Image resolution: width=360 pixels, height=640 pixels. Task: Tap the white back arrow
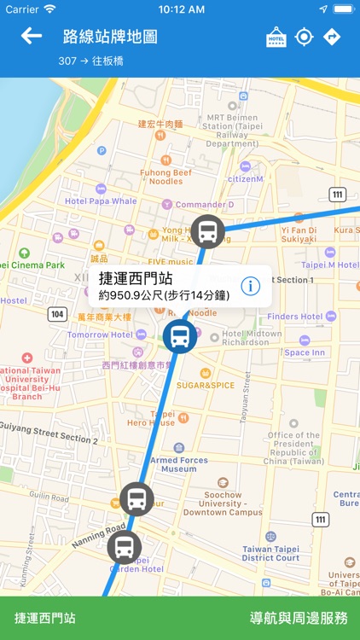[x=32, y=36]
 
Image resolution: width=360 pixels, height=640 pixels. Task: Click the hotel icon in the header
[x=276, y=37]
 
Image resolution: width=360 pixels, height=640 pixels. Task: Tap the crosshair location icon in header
[x=304, y=37]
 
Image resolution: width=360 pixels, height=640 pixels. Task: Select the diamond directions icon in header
[x=332, y=37]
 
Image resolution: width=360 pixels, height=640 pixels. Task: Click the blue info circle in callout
[x=251, y=286]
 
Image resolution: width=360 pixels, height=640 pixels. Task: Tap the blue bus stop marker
[x=180, y=337]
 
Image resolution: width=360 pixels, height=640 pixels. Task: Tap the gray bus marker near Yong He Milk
[x=207, y=231]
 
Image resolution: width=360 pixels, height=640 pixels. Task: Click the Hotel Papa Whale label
[x=101, y=201]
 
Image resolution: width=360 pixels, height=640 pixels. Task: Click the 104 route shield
[x=57, y=314]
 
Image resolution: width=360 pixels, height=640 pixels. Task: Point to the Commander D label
[x=205, y=205]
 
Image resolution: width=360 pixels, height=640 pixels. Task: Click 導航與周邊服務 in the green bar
[x=299, y=618]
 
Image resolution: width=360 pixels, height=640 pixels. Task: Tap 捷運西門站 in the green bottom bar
[x=45, y=618]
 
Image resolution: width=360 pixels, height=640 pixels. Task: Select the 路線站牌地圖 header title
[x=110, y=37]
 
